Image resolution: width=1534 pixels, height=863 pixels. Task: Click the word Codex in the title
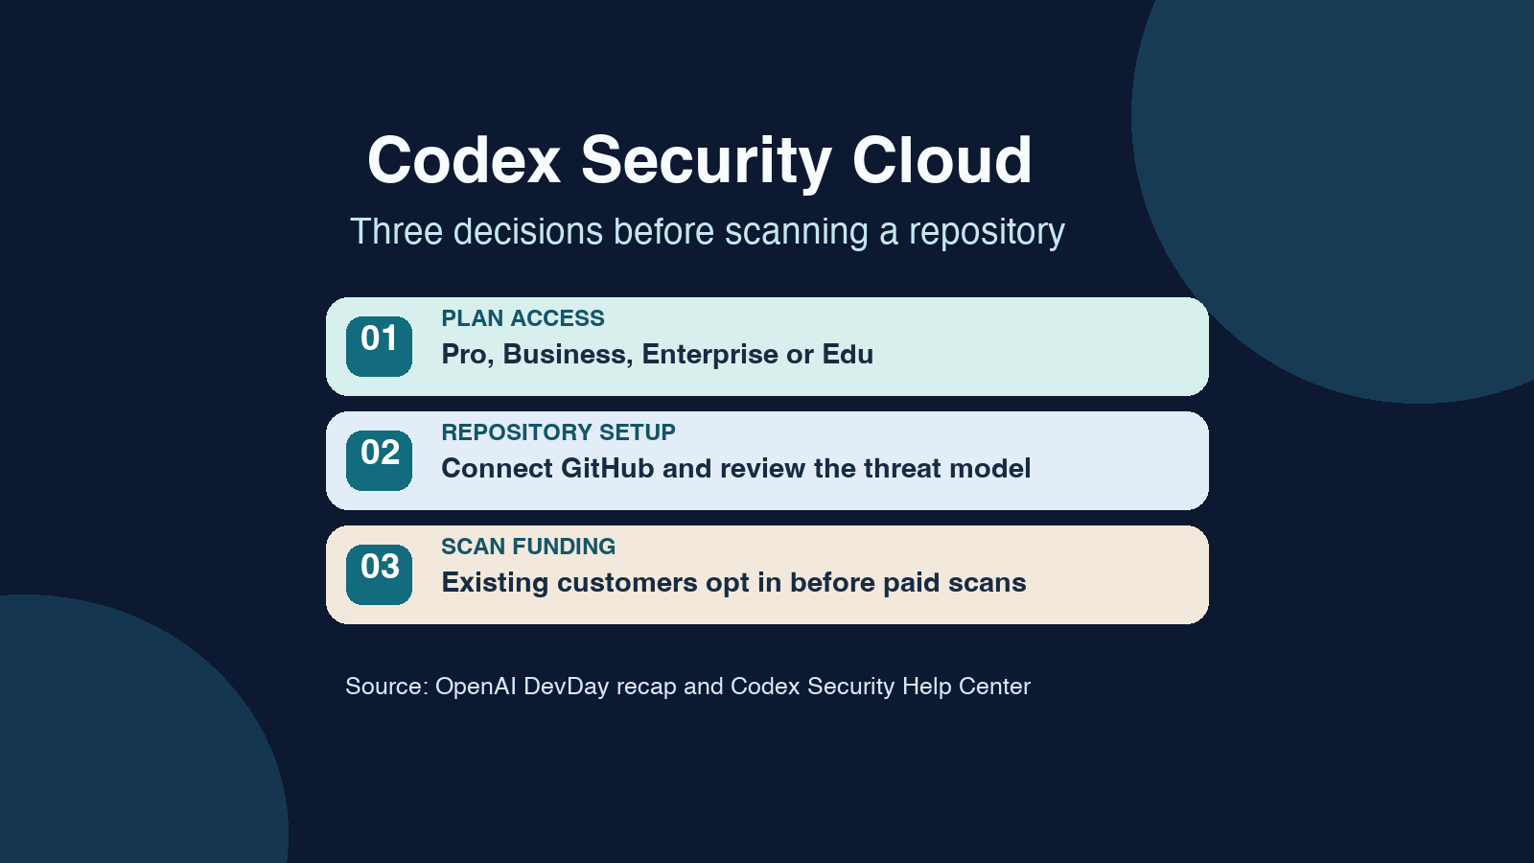click(x=464, y=159)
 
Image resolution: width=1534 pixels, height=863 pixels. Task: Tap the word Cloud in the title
click(x=941, y=159)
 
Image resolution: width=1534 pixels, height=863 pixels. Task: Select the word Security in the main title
click(x=706, y=163)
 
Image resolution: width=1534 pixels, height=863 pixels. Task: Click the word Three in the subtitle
click(x=397, y=231)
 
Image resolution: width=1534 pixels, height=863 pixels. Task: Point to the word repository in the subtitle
click(x=987, y=233)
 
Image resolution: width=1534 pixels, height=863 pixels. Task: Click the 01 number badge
click(x=379, y=346)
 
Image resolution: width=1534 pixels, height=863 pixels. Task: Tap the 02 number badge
click(x=379, y=460)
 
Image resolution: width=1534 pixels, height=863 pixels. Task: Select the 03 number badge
click(x=379, y=574)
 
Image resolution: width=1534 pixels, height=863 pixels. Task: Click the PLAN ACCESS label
click(x=523, y=318)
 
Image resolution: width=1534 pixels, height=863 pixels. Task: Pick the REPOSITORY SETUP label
click(x=558, y=432)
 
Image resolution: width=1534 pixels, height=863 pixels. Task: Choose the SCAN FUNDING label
click(x=528, y=547)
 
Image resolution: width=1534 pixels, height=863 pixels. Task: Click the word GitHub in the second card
click(x=608, y=469)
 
